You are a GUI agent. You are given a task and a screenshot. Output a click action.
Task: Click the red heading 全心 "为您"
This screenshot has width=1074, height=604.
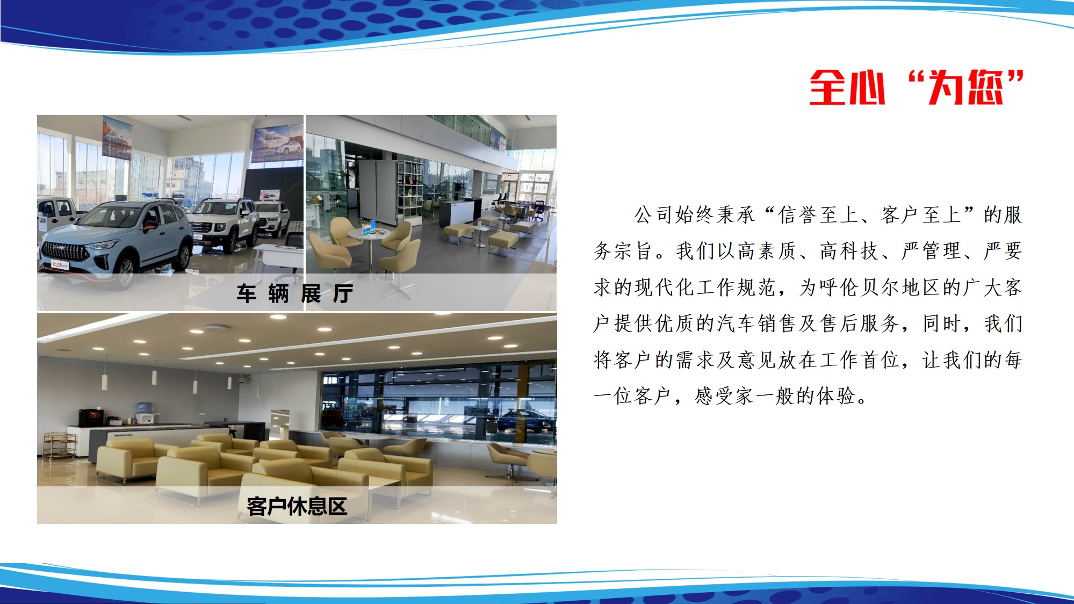(917, 87)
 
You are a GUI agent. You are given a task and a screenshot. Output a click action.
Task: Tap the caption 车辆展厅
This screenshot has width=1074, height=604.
(295, 293)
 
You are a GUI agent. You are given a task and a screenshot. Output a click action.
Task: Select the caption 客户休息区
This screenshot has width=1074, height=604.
(297, 506)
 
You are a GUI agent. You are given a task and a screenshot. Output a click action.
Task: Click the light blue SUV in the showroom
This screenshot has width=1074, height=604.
(116, 239)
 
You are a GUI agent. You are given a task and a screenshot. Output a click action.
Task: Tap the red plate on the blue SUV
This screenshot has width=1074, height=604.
(60, 264)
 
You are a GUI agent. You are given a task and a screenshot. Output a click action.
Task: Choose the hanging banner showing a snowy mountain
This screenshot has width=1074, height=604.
(117, 137)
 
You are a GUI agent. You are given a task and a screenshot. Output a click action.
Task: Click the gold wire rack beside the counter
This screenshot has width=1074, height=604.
(59, 445)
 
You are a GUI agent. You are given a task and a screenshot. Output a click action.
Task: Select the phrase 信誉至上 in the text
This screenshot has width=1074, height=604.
(818, 215)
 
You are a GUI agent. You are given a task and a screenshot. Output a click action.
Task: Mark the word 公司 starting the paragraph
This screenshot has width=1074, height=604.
(654, 215)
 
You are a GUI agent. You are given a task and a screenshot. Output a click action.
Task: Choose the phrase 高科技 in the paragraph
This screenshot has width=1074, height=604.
(849, 251)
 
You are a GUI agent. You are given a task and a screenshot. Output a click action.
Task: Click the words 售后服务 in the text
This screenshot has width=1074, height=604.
(859, 323)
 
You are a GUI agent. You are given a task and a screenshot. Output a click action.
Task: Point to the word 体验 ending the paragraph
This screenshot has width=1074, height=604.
(836, 396)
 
